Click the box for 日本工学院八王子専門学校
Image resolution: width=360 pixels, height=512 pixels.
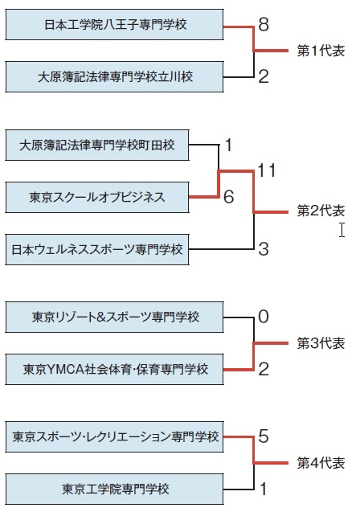(x=115, y=25)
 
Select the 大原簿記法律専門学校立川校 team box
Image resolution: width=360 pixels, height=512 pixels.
(x=115, y=76)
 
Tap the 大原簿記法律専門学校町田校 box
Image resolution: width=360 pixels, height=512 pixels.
(x=97, y=145)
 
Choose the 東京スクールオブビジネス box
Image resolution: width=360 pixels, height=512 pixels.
(x=97, y=197)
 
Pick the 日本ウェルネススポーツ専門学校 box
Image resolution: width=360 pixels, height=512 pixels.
(x=97, y=249)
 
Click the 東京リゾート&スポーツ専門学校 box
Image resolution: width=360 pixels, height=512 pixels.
(x=115, y=317)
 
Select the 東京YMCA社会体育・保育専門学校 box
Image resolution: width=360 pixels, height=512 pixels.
(x=115, y=369)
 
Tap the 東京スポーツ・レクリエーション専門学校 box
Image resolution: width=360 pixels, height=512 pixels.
(x=115, y=437)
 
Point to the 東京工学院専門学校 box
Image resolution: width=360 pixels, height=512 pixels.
(x=115, y=489)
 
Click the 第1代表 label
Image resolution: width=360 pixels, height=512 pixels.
(x=321, y=51)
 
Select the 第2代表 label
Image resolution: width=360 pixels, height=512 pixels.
(x=321, y=211)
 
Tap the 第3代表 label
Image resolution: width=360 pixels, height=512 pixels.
(x=321, y=343)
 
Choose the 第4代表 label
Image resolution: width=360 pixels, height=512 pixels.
(x=321, y=463)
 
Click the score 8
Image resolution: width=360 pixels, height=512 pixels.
(x=264, y=24)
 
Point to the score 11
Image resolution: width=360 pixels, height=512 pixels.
(x=267, y=170)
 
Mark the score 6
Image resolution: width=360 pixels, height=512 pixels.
(x=229, y=197)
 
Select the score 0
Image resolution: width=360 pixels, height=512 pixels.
(x=264, y=317)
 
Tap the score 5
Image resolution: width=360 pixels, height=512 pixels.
(x=264, y=436)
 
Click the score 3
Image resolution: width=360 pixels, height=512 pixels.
(x=264, y=249)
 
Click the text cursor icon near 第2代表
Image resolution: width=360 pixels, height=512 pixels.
(x=342, y=230)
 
